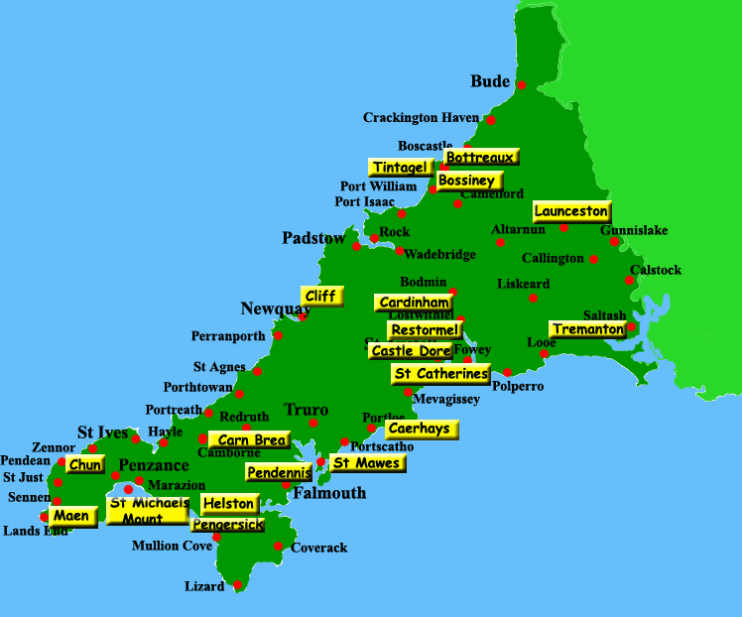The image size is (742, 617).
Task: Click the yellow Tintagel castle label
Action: coord(401,168)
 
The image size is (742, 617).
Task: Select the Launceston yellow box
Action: coord(571,211)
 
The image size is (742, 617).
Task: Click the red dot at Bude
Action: coord(522,85)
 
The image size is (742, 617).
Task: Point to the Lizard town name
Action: coord(204,586)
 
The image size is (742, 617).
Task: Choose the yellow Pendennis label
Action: coord(279,472)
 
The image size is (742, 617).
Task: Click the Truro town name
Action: coord(306,410)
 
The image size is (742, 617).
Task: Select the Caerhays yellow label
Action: coord(422,429)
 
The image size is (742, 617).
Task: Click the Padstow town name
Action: coord(313,238)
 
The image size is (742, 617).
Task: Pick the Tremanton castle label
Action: coord(588,328)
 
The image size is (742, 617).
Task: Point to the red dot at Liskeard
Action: coord(533,298)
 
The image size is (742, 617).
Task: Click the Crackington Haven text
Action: coord(421,117)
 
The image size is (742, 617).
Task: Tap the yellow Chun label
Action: coord(85,464)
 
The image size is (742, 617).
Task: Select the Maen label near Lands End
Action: coord(72,516)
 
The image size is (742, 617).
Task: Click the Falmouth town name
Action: coord(329,493)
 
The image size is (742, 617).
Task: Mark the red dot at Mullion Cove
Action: coord(217,537)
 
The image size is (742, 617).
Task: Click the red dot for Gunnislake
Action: coord(614,241)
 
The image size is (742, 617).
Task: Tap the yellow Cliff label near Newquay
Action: coord(320,296)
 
